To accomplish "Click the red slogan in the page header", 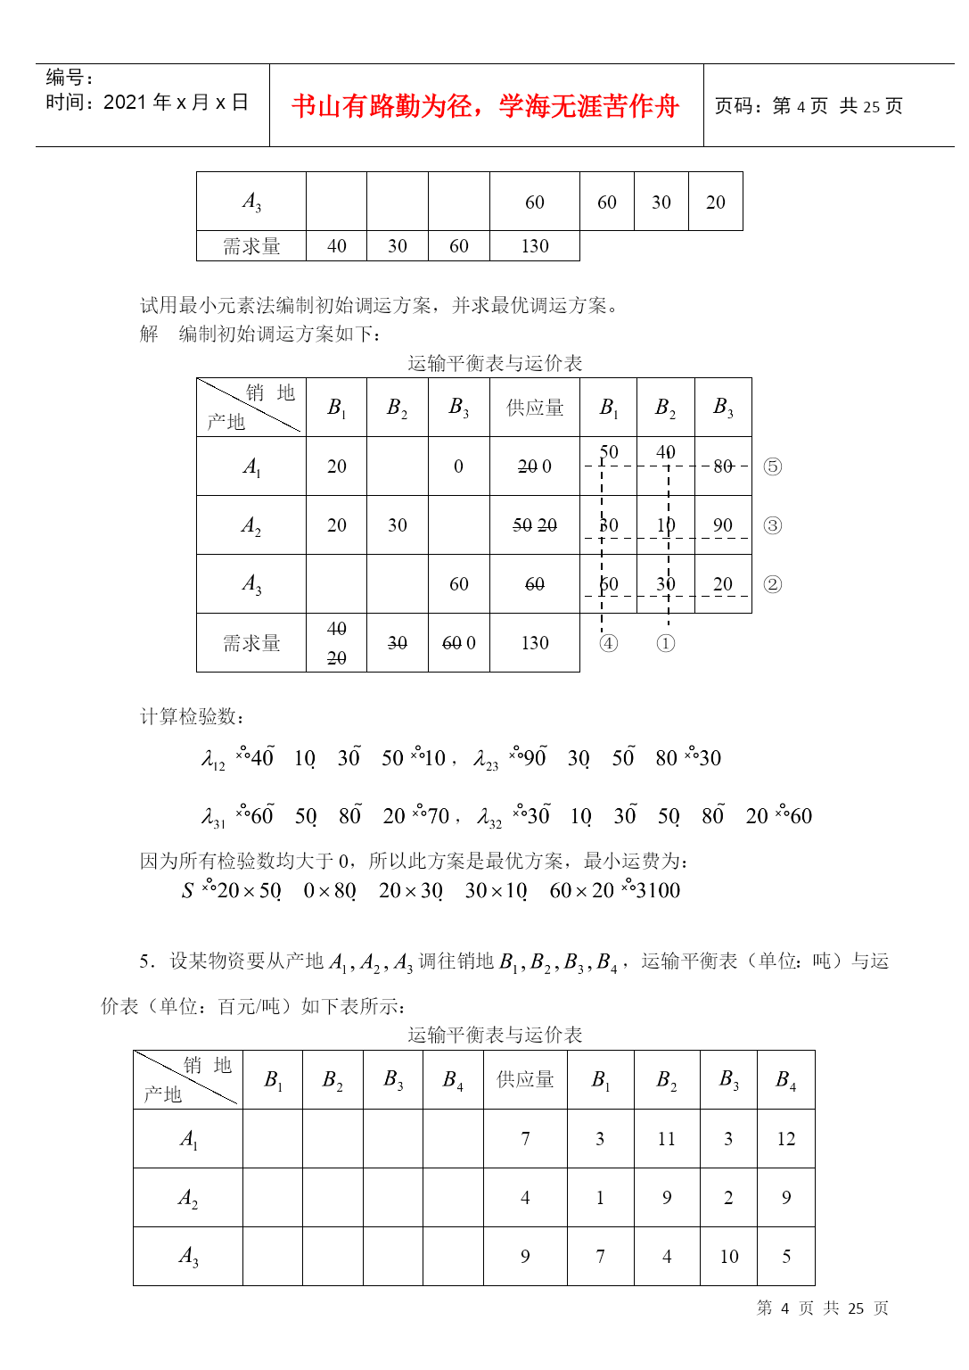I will pyautogui.click(x=485, y=106).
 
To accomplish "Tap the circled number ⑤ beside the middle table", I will pyautogui.click(x=773, y=466).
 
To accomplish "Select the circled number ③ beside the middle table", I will pyautogui.click(x=773, y=525).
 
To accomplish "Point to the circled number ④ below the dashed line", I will pyautogui.click(x=609, y=643).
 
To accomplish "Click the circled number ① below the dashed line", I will pyautogui.click(x=666, y=643).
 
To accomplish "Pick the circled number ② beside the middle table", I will pyautogui.click(x=773, y=584).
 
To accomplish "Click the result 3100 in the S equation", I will pyautogui.click(x=658, y=890).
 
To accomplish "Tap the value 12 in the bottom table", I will pyautogui.click(x=785, y=1139).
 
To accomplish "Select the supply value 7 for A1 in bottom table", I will pyautogui.click(x=525, y=1139).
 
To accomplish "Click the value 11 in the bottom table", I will pyautogui.click(x=667, y=1139).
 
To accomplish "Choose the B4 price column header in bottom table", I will pyautogui.click(x=785, y=1080).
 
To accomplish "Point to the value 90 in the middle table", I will pyautogui.click(x=723, y=525).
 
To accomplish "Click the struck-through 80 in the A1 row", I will pyautogui.click(x=723, y=466).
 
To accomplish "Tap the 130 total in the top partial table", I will pyautogui.click(x=535, y=246).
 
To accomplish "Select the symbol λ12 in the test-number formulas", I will pyautogui.click(x=213, y=760).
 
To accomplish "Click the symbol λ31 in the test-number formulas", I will pyautogui.click(x=213, y=818).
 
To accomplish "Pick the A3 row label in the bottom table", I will pyautogui.click(x=188, y=1257).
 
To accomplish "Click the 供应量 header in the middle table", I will pyautogui.click(x=535, y=408).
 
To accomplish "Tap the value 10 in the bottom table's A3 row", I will pyautogui.click(x=728, y=1257).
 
